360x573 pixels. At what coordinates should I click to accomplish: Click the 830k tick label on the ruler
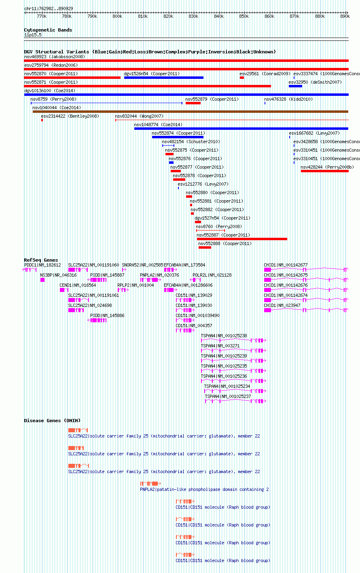(x=193, y=16)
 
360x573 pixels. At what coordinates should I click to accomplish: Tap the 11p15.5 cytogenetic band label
(x=33, y=35)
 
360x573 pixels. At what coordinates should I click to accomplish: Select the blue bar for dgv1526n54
(x=164, y=78)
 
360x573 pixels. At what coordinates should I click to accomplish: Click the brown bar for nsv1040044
(x=191, y=112)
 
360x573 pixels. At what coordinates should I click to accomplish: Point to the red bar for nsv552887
(x=242, y=239)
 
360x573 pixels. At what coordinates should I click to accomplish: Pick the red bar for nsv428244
(x=325, y=171)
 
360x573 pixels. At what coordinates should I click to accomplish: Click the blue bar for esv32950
(x=296, y=86)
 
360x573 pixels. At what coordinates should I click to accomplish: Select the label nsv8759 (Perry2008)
(x=53, y=99)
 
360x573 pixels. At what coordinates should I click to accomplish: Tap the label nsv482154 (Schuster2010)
(x=191, y=142)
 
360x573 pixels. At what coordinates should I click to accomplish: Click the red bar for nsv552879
(x=193, y=103)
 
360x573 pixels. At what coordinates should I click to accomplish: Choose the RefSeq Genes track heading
(x=41, y=260)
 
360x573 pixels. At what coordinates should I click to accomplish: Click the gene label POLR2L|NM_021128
(x=212, y=275)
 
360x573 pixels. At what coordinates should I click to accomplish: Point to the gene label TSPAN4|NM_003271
(x=220, y=346)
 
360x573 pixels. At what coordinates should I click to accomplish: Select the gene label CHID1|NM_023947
(x=286, y=305)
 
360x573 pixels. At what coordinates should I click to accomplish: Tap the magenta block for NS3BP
(x=42, y=280)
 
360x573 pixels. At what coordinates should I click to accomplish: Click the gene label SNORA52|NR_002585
(x=142, y=265)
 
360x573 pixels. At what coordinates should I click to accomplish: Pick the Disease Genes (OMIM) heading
(x=52, y=421)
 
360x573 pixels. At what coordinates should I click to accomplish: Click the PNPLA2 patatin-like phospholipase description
(x=204, y=490)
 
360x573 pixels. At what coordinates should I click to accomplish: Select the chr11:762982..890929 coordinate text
(x=49, y=9)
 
